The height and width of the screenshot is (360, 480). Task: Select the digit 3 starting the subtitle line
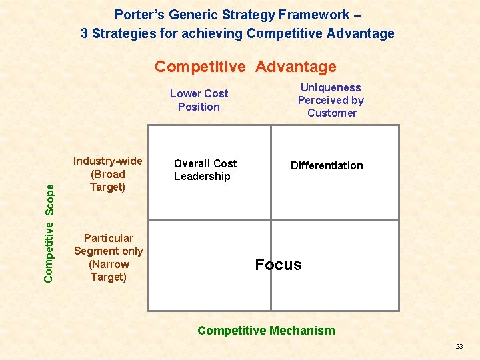[x=85, y=33]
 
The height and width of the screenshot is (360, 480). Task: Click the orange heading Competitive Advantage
[x=245, y=67]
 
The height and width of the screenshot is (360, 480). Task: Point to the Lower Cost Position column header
[x=199, y=100]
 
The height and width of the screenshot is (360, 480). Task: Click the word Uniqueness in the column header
[x=331, y=87]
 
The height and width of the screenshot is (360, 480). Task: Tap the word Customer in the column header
[x=331, y=113]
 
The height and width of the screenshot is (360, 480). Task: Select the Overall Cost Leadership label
[x=205, y=170]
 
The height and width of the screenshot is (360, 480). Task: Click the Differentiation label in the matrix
[x=327, y=165]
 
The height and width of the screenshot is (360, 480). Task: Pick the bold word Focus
[x=278, y=265]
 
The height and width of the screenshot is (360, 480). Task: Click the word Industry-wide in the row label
[x=107, y=161]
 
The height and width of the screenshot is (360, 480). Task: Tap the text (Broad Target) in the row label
[x=107, y=181]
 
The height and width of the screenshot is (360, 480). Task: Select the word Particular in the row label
[x=108, y=238]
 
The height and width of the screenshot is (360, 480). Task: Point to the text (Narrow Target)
[x=108, y=270]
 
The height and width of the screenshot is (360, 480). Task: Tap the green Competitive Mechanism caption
[x=266, y=331]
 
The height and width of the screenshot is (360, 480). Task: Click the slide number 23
[x=459, y=347]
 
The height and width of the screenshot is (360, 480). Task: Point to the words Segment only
[x=108, y=251]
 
